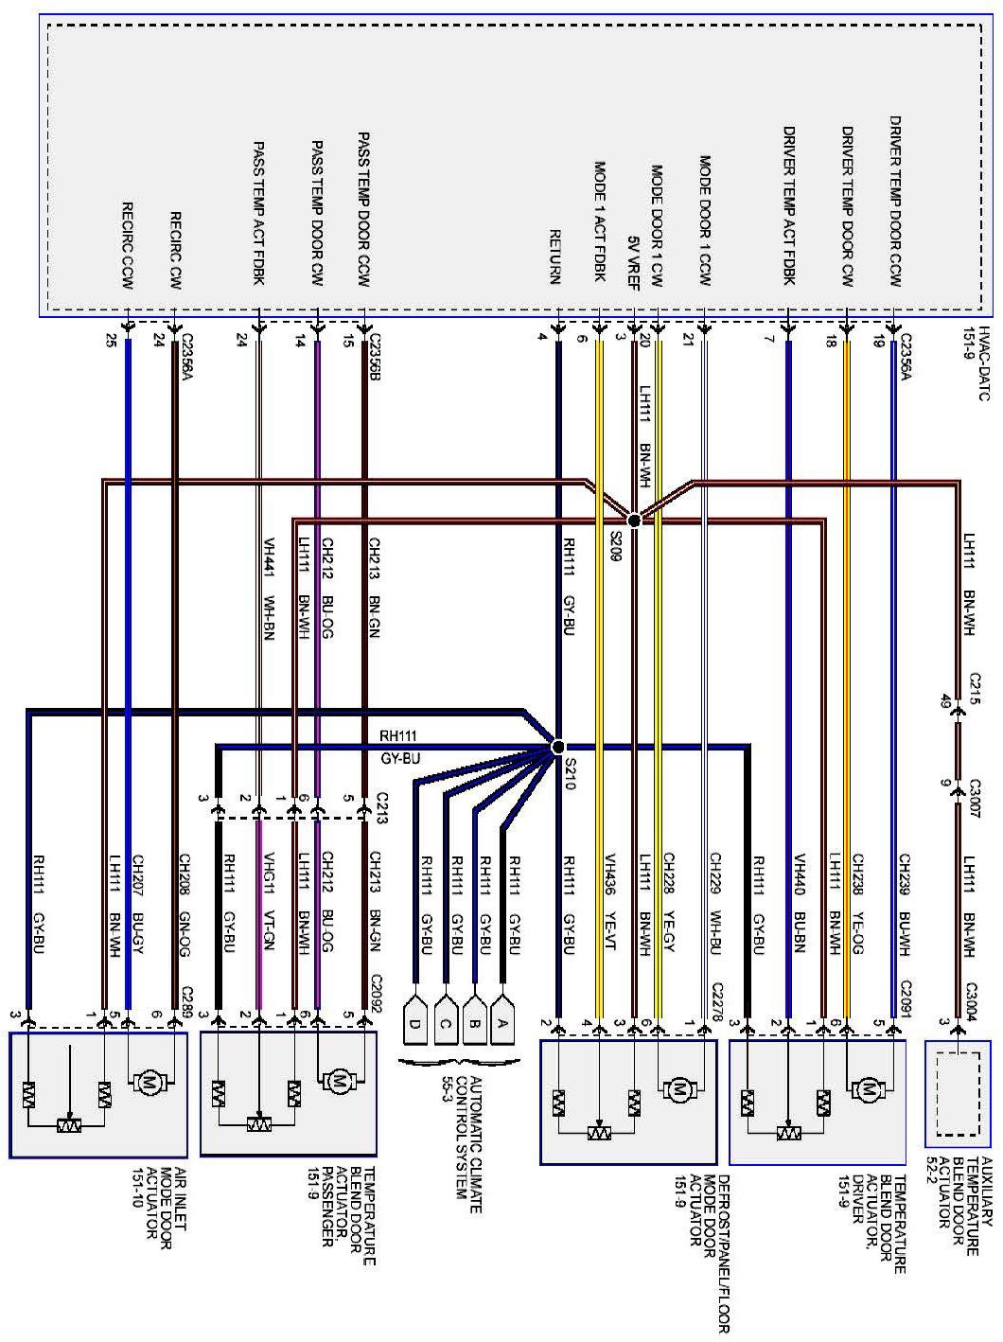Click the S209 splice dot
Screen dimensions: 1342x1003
pos(635,520)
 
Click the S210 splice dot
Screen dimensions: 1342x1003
pos(556,747)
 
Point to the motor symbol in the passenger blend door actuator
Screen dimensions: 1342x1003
pos(338,1080)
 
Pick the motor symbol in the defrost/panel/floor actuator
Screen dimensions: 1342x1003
pos(677,1090)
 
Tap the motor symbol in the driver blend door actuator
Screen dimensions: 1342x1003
pos(867,1090)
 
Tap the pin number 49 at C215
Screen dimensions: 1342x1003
pos(944,701)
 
